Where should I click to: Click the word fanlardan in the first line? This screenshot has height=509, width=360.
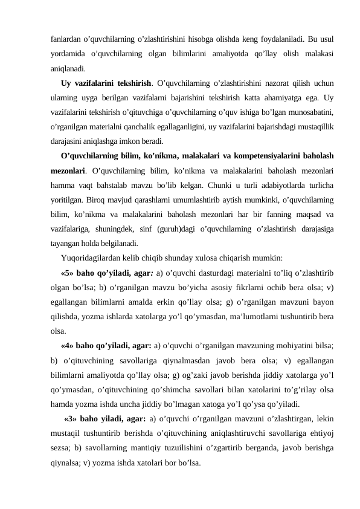pyautogui.click(x=64, y=39)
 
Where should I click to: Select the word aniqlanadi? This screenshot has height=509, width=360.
pyautogui.click(x=68, y=68)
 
